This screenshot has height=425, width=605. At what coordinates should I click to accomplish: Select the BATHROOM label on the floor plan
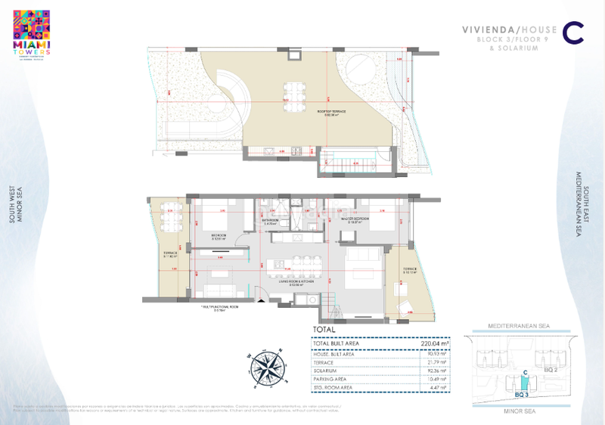tap(271, 222)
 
